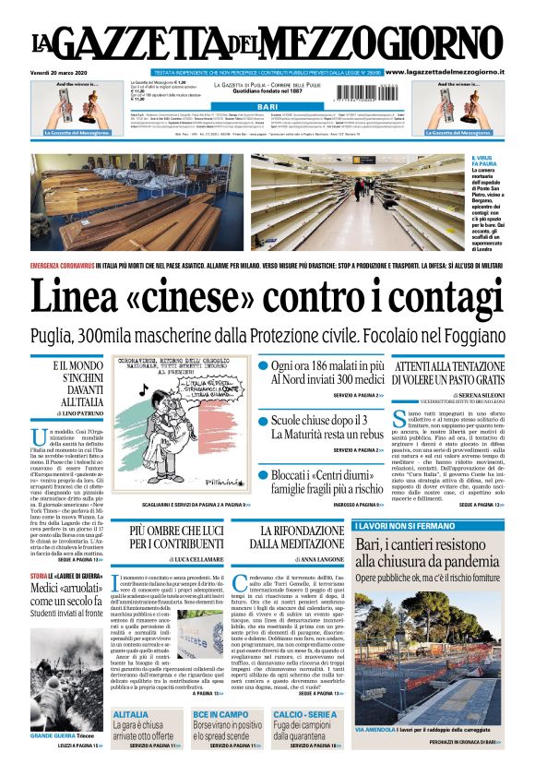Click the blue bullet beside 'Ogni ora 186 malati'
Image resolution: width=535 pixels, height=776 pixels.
(x=263, y=367)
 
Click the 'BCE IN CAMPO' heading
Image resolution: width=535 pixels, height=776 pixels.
(x=220, y=714)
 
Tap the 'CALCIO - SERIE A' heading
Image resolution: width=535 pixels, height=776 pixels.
(x=306, y=714)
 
